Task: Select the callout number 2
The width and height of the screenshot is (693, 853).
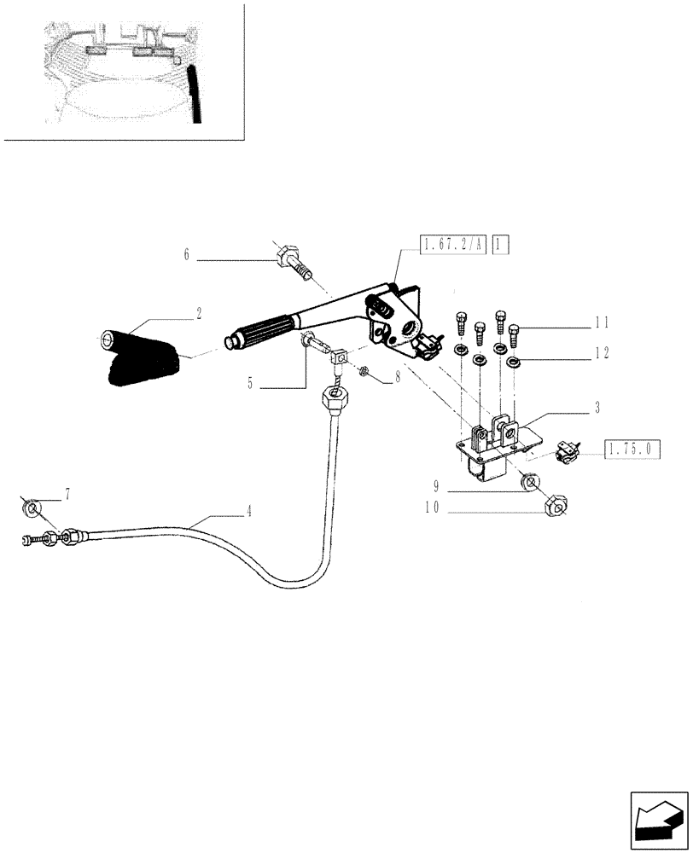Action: (x=199, y=314)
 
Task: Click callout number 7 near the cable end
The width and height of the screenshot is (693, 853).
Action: (x=67, y=495)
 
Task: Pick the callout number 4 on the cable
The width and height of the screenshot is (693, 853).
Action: (x=248, y=513)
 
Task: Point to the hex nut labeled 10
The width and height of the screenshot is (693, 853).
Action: (x=555, y=509)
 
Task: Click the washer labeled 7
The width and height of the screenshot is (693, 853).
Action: (x=32, y=510)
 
